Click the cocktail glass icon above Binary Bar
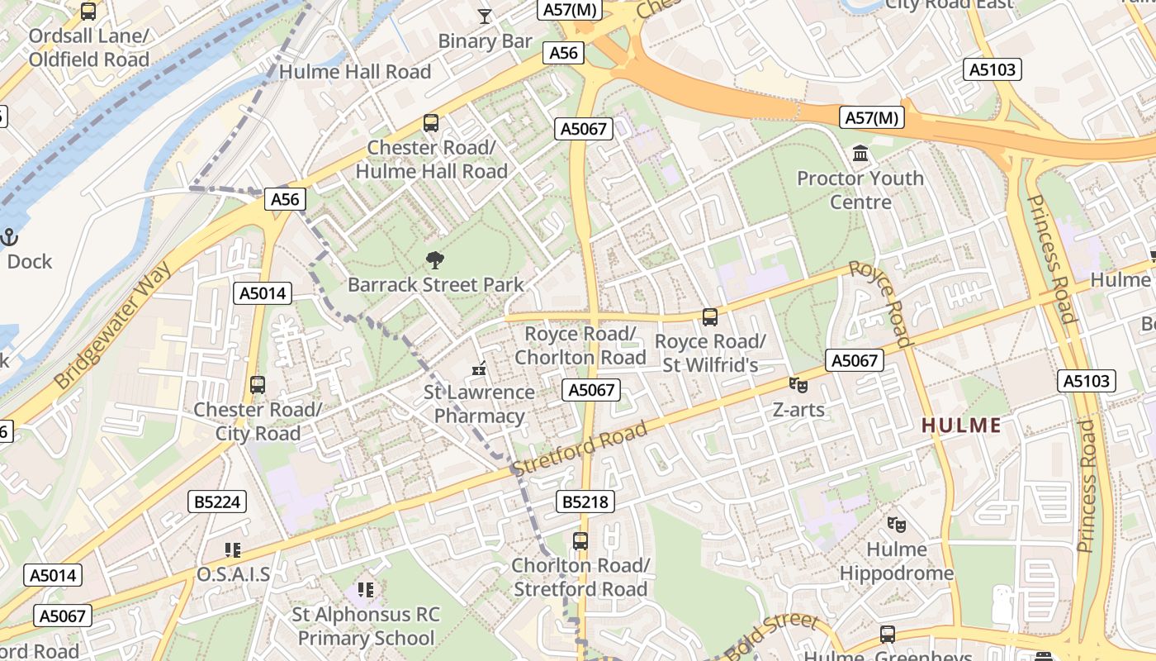point(485,16)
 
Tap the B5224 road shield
point(216,502)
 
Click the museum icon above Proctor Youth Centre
point(860,153)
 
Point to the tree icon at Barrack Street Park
point(434,261)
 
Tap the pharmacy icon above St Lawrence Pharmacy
point(479,369)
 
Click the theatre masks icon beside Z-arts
point(798,384)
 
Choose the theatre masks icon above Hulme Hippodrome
point(896,524)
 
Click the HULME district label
point(960,426)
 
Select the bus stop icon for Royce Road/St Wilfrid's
point(709,316)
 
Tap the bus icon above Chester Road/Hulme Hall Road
point(431,123)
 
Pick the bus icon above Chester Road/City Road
point(258,384)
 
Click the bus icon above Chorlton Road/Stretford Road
point(580,541)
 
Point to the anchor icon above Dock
point(10,237)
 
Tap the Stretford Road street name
point(579,451)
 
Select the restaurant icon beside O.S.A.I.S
point(233,549)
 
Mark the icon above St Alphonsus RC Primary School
point(366,590)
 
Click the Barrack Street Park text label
point(435,285)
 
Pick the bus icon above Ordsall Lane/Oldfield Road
point(88,12)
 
